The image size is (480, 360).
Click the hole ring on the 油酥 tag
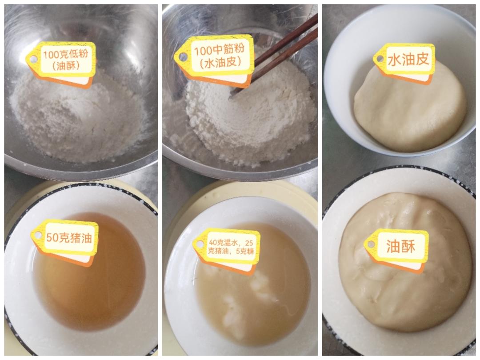(371, 244)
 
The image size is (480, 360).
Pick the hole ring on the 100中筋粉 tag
(184, 56)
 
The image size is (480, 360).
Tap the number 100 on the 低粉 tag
(50, 55)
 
